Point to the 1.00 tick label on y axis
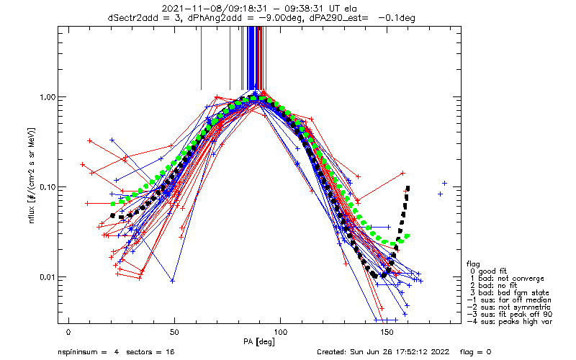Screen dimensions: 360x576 pos(46,97)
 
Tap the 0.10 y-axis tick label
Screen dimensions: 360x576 pos(46,187)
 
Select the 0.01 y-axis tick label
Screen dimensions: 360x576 pos(46,277)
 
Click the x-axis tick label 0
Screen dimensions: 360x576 pos(68,331)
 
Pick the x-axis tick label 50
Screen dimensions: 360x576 pos(174,331)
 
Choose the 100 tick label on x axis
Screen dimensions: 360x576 pos(281,331)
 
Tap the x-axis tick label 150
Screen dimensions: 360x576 pos(387,331)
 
